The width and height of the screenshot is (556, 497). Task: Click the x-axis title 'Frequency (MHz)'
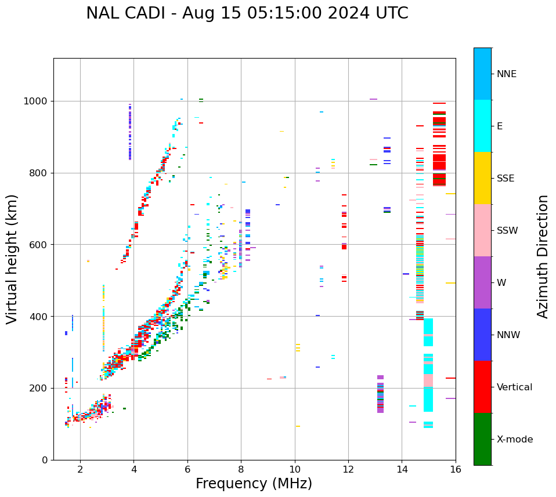pyautogui.click(x=254, y=484)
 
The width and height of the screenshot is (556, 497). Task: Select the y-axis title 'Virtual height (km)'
pyautogui.click(x=12, y=259)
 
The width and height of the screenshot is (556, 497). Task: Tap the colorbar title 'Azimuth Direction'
pyautogui.click(x=543, y=256)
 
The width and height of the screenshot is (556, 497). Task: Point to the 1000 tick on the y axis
pyautogui.click(x=38, y=101)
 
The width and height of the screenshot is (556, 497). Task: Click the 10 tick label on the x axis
pyautogui.click(x=295, y=469)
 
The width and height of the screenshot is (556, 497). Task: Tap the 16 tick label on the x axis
pyautogui.click(x=456, y=469)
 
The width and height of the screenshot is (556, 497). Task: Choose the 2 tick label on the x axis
pyautogui.click(x=80, y=469)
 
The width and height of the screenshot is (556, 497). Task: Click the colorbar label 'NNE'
pyautogui.click(x=506, y=74)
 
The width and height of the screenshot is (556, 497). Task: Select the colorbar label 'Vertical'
pyautogui.click(x=514, y=387)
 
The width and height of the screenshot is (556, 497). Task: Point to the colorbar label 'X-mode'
pyautogui.click(x=515, y=440)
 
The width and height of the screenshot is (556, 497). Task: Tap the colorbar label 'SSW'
pyautogui.click(x=507, y=231)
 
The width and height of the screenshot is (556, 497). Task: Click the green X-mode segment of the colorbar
pyautogui.click(x=482, y=439)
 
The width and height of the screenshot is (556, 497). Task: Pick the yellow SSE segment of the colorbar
pyautogui.click(x=482, y=178)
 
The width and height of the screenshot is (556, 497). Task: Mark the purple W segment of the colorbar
pyautogui.click(x=482, y=282)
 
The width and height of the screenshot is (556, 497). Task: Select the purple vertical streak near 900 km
pyautogui.click(x=130, y=132)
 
